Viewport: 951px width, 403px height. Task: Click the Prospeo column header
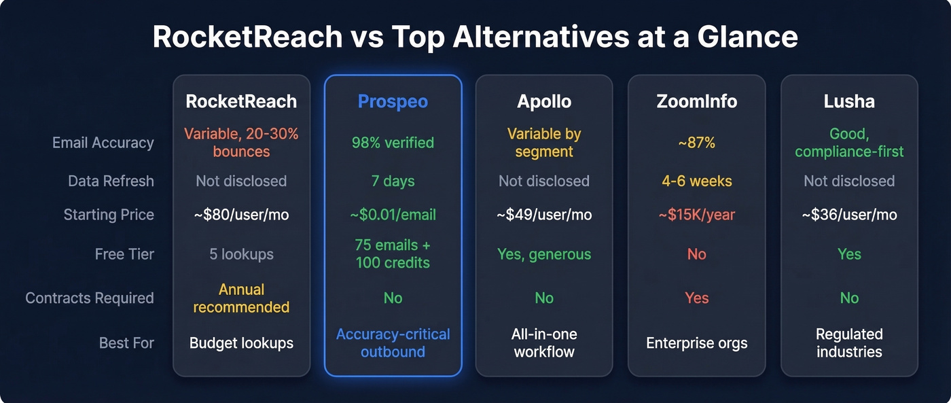pos(393,102)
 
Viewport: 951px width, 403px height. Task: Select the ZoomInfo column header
pos(697,102)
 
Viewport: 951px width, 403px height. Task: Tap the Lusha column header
pos(849,102)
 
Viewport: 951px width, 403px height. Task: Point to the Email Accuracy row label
pos(103,143)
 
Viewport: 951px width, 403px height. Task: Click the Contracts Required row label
pos(90,298)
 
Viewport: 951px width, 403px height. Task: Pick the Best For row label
pos(127,343)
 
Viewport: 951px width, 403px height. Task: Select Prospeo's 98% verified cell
pos(393,143)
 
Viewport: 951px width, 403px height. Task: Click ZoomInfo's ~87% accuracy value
pos(697,143)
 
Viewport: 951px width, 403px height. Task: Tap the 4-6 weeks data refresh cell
pos(697,181)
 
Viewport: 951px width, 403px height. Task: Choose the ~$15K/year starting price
pos(697,215)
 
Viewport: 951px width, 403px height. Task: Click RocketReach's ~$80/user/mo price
pos(241,215)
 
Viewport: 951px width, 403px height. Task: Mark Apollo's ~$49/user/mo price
pos(544,215)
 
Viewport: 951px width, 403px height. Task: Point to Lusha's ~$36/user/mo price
pos(849,215)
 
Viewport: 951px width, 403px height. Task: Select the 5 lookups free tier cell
pos(241,254)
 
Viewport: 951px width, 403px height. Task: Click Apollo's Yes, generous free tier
pos(544,254)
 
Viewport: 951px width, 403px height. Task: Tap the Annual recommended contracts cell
pos(241,298)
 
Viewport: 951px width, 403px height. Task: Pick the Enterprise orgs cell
pos(697,343)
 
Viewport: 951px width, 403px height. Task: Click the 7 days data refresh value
pos(393,181)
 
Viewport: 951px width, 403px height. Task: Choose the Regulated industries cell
pos(849,343)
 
